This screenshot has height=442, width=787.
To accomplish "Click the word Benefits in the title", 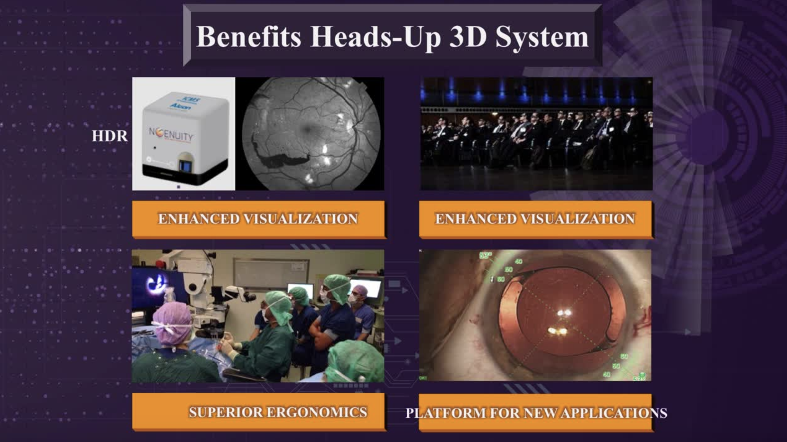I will click(249, 37).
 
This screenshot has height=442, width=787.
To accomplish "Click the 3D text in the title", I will click(468, 37).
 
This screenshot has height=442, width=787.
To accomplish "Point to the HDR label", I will click(109, 136).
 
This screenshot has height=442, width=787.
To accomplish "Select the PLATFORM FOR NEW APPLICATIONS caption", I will click(536, 413).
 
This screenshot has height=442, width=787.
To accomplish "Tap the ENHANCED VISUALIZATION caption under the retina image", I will click(258, 219).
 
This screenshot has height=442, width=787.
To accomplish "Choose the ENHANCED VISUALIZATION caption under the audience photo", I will click(535, 219).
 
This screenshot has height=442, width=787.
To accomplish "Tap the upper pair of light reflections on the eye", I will click(564, 312).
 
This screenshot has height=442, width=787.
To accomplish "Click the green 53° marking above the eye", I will click(485, 255).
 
